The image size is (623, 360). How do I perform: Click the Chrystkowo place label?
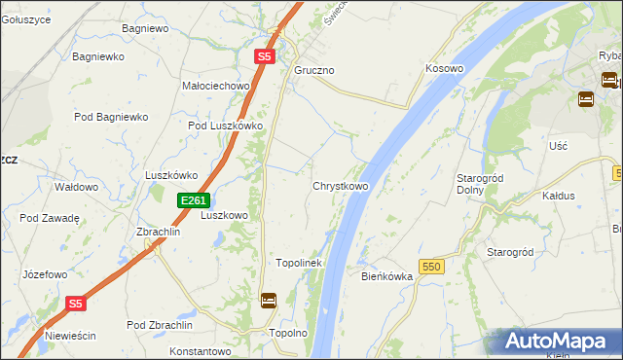coord(340,186)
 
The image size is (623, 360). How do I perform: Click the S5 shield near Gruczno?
coord(265,57)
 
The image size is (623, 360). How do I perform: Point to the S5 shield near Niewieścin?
coord(77,304)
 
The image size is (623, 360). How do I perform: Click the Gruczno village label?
coord(314,71)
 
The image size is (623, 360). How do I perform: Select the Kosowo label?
coord(444,69)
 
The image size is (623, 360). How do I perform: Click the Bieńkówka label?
coord(387,276)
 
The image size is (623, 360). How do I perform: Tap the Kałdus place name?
coord(559,196)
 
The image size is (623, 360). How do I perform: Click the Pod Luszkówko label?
coord(226,126)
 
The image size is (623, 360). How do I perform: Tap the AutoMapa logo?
coord(558,342)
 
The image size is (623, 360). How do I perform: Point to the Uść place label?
coord(558,145)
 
